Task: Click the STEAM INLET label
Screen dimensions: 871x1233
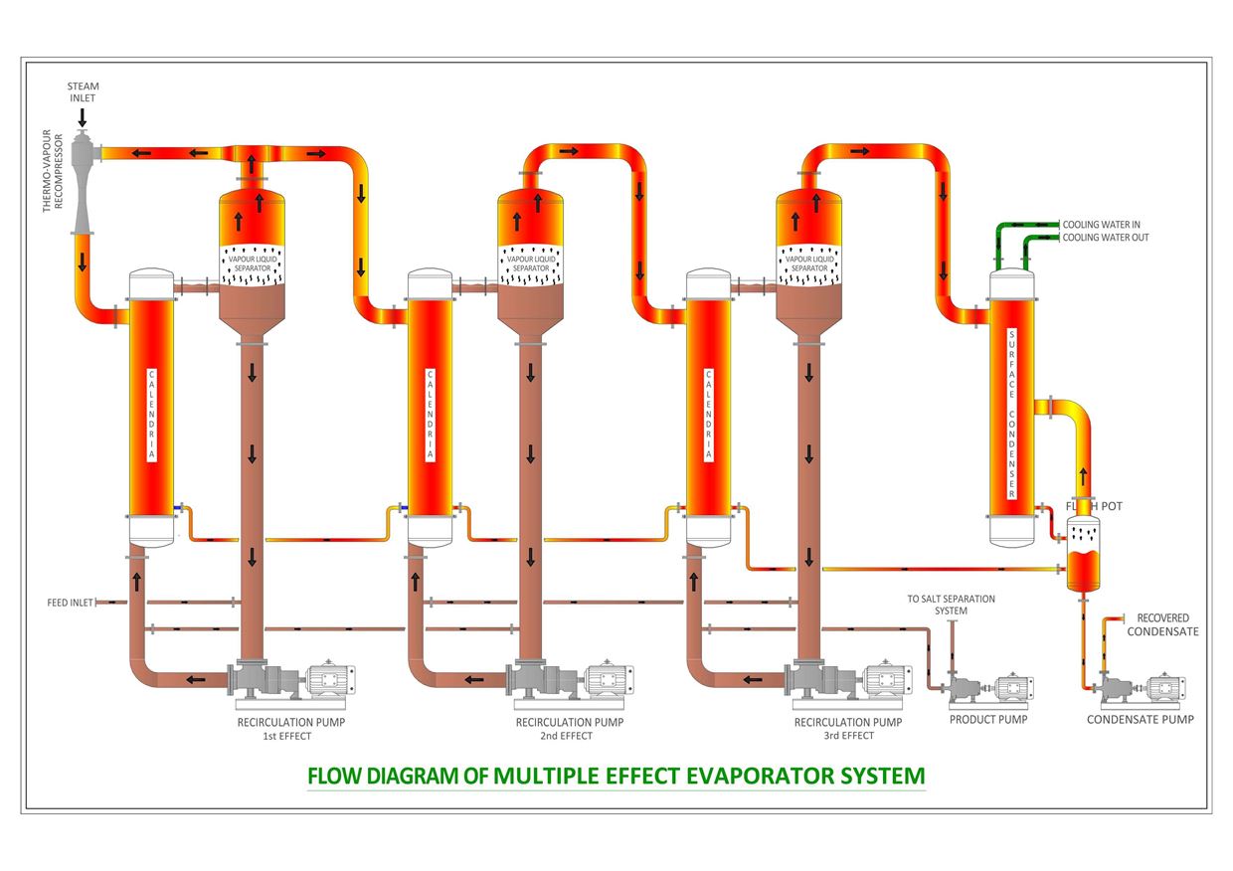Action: point(83,92)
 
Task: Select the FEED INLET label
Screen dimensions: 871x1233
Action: point(70,603)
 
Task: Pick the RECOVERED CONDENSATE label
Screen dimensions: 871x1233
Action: point(1162,624)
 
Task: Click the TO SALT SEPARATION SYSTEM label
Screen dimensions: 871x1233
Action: point(950,605)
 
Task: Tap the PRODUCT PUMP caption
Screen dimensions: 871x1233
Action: point(987,719)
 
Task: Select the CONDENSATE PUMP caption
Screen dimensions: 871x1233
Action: point(1140,719)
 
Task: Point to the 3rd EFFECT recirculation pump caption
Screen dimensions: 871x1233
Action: point(847,729)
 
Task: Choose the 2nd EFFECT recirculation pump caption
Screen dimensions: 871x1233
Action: point(569,729)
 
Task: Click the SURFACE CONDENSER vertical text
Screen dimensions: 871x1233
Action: point(1012,414)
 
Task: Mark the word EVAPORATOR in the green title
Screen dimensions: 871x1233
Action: point(761,776)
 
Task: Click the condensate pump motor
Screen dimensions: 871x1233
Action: point(1162,688)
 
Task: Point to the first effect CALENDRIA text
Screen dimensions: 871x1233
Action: point(151,414)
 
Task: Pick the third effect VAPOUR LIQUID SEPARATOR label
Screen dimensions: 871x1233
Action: point(808,263)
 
